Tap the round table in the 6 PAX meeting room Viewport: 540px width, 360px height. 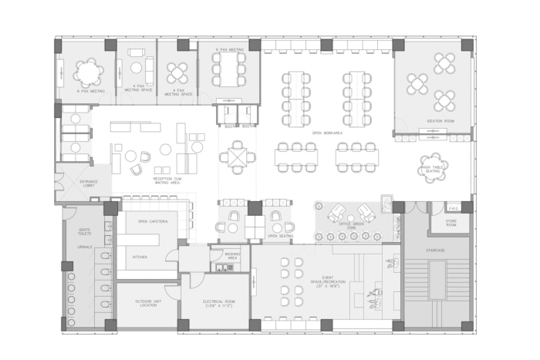(x=89, y=72)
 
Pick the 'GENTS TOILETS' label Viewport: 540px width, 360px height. (x=85, y=231)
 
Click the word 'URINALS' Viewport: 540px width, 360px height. (x=85, y=247)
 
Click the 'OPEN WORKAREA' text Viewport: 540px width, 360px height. (x=327, y=133)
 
